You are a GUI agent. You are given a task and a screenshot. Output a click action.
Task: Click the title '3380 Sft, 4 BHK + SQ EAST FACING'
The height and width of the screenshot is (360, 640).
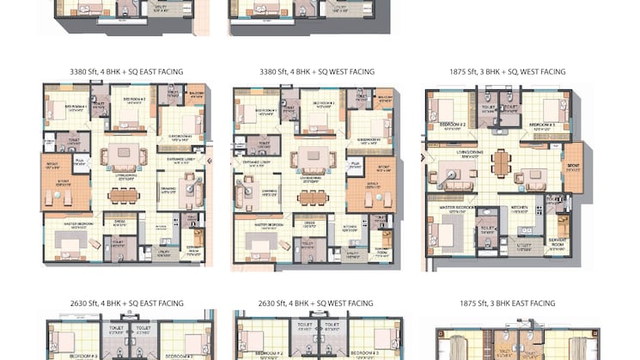(126, 72)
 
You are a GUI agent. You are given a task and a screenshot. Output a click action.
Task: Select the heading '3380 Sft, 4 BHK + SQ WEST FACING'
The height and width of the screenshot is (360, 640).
(316, 72)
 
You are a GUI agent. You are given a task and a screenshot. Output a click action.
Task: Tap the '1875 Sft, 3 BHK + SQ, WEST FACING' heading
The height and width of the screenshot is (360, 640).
(507, 72)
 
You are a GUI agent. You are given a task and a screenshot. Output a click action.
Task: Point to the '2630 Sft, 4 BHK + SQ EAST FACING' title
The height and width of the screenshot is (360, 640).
(126, 303)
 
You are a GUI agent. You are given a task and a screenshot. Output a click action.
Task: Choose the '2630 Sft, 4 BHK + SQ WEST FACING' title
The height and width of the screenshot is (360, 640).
(316, 303)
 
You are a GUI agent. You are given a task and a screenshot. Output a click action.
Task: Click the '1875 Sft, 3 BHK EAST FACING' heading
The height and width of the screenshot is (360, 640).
(507, 303)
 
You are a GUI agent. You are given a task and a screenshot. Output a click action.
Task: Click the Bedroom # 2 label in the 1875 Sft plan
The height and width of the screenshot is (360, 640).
(453, 124)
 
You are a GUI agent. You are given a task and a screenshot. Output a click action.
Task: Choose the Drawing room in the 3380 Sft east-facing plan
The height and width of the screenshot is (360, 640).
(167, 190)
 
